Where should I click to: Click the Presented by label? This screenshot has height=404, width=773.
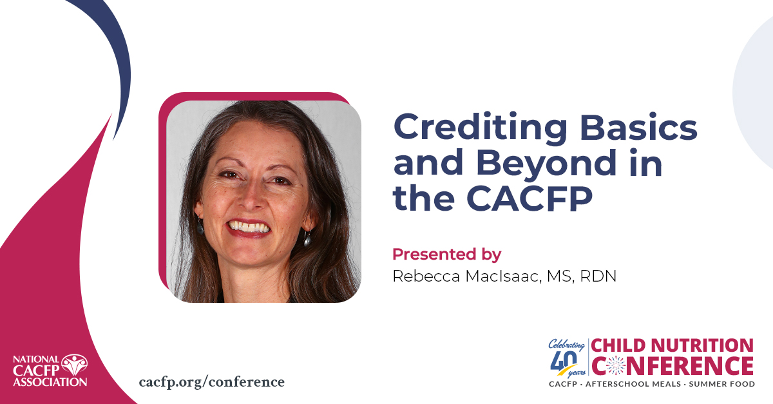click(x=446, y=253)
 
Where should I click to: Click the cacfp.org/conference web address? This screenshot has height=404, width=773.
click(x=211, y=381)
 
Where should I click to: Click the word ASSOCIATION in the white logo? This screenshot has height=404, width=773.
click(x=50, y=381)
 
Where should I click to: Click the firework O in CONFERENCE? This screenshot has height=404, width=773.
click(x=613, y=366)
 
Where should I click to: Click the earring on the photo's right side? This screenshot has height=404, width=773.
click(x=307, y=239)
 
